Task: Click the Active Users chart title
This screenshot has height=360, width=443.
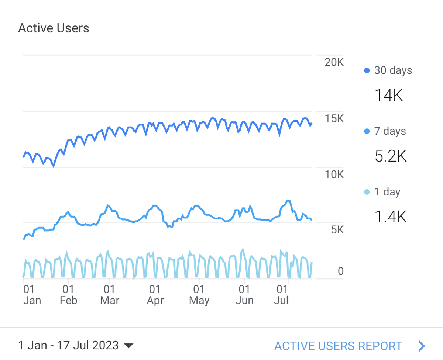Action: (54, 28)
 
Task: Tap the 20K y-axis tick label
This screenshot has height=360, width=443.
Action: (334, 62)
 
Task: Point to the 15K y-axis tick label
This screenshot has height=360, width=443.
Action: (334, 119)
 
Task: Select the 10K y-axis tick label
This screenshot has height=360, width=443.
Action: (334, 174)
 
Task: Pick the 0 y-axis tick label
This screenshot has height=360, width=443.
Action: (340, 271)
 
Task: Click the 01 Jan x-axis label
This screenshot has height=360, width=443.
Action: (32, 295)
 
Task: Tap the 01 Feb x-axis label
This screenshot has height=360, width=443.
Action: (68, 295)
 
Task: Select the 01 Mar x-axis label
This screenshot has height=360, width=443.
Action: (110, 295)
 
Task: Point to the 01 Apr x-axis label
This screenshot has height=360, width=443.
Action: (155, 295)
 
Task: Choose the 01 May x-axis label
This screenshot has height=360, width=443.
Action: (199, 295)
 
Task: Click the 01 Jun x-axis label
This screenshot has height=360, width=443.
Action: (244, 295)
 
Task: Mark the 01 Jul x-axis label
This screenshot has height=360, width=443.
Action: (281, 295)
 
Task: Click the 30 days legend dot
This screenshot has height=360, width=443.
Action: (367, 71)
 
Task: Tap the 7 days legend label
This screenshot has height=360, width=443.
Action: (390, 131)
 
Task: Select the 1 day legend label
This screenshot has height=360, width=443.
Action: (387, 192)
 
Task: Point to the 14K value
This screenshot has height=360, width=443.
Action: (388, 96)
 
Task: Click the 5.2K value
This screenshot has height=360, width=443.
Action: (391, 156)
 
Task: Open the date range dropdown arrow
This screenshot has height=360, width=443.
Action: (128, 346)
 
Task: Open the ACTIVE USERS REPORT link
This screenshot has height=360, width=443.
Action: (338, 346)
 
